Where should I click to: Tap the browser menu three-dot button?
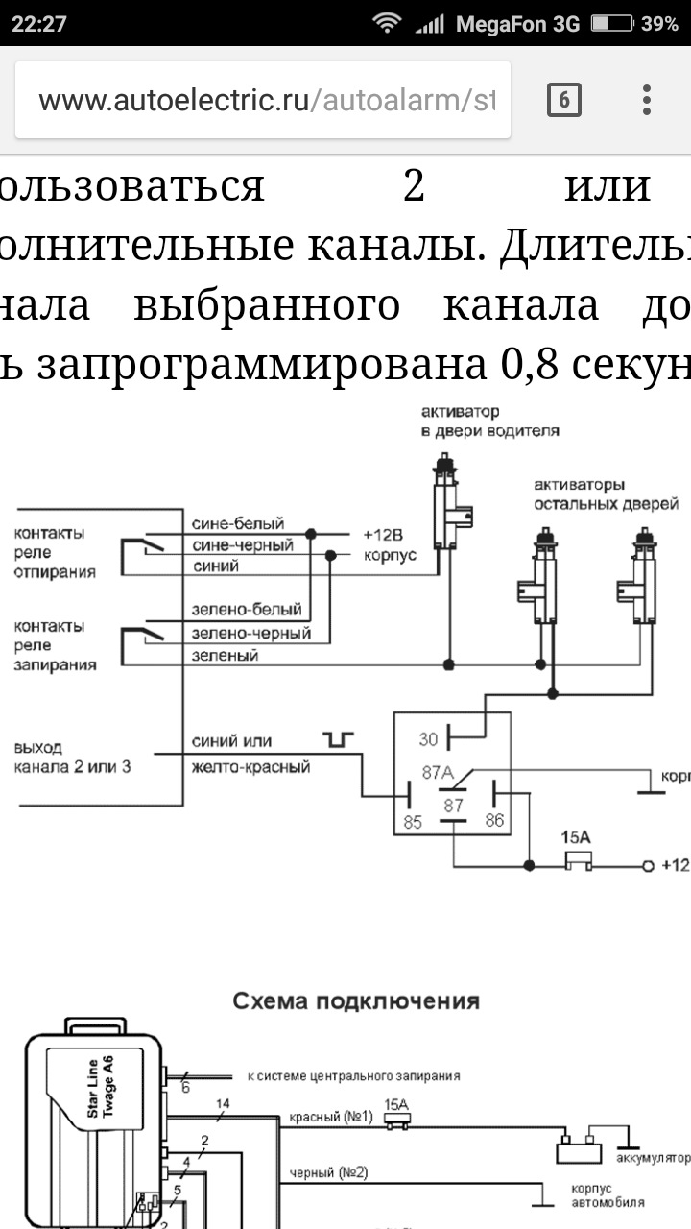(647, 100)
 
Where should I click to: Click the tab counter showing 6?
(563, 100)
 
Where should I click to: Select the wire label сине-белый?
(238, 524)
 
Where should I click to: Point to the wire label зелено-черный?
(251, 634)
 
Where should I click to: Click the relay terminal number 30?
(428, 739)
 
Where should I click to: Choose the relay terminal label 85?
(413, 821)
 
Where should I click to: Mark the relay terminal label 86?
(494, 821)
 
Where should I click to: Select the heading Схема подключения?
(356, 1001)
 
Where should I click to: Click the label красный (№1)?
(328, 1118)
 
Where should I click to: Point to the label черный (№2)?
(328, 1172)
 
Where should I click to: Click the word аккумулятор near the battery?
(654, 1159)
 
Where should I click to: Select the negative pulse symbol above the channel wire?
(339, 738)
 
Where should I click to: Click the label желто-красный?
(250, 766)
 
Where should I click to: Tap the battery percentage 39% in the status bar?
(659, 24)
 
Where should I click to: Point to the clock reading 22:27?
(39, 24)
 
